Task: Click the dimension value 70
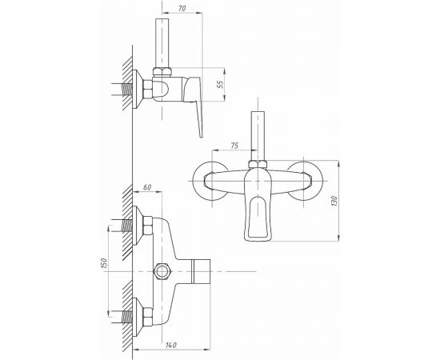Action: point(182,8)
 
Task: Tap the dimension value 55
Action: point(221,84)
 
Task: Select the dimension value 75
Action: point(234,146)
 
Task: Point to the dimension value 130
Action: point(334,201)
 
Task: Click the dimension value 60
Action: point(147,187)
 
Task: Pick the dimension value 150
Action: point(104,264)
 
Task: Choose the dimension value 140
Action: point(171,345)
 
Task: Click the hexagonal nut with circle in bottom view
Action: point(162,272)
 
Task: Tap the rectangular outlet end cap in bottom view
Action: point(202,271)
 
